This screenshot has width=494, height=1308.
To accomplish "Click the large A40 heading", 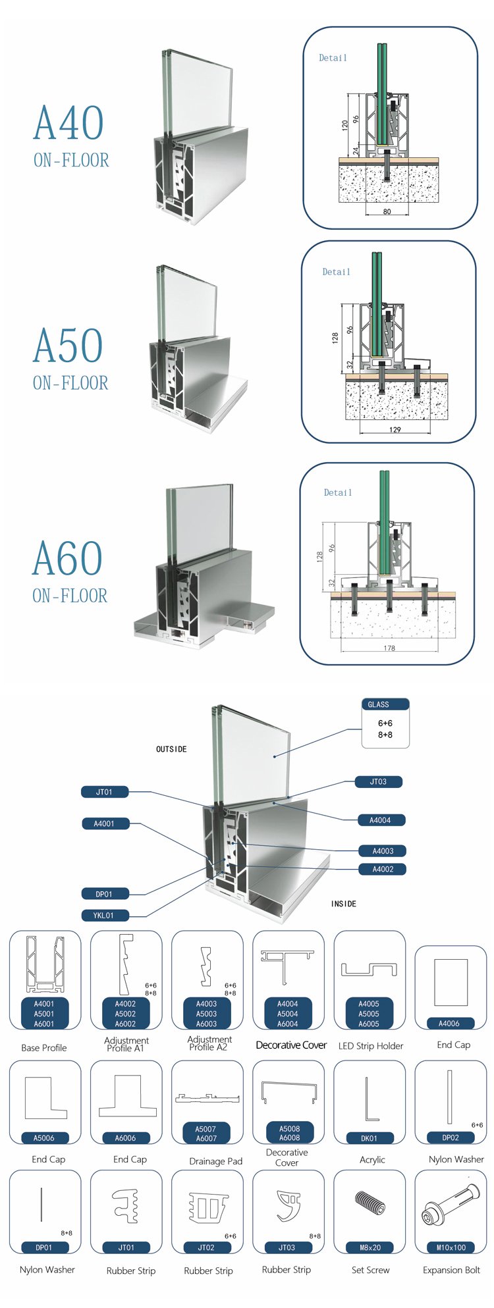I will [x=69, y=123].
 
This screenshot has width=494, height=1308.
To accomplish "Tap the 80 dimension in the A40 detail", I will [x=387, y=212].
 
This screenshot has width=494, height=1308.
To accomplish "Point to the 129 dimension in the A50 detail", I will [x=395, y=430].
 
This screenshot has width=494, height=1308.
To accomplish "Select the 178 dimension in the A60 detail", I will [x=389, y=648].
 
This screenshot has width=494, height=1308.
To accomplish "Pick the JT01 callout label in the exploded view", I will [x=105, y=792].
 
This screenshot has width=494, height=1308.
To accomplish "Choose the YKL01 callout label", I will [x=103, y=915].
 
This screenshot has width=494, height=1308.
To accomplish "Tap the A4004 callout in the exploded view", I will [x=380, y=820].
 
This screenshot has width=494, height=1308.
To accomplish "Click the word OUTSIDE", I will [x=171, y=749].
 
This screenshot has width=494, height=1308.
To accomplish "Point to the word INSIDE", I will [x=343, y=904].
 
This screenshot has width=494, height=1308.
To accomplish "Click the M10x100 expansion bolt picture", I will [x=450, y=1205].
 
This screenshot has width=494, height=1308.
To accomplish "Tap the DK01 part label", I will [x=370, y=1138].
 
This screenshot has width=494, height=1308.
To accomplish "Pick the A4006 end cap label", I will [x=449, y=1023].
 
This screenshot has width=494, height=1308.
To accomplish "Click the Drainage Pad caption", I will [x=215, y=1161].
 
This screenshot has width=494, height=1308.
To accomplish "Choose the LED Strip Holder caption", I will [x=370, y=1046].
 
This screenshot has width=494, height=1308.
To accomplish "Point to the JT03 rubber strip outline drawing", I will [x=287, y=1205].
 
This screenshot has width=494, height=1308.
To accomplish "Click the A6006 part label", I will [x=125, y=1138].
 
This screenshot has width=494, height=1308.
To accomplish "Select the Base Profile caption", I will [x=44, y=1047].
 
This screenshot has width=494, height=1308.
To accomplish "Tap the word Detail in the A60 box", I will [x=338, y=492].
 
